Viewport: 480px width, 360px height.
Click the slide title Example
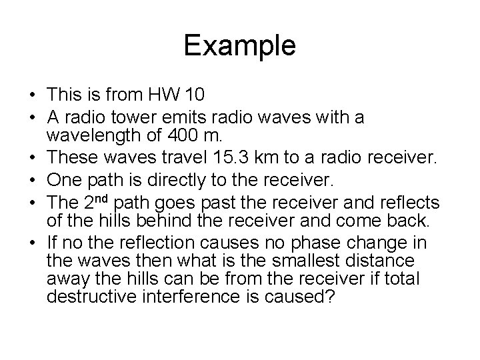pyautogui.click(x=239, y=45)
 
